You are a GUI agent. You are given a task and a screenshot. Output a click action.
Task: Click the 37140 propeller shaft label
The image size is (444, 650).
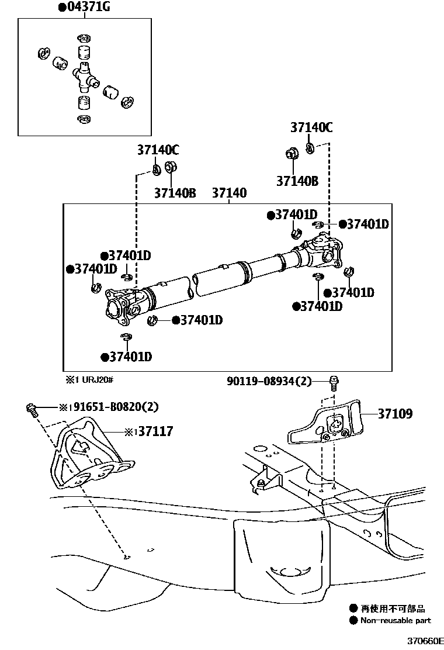(229, 193)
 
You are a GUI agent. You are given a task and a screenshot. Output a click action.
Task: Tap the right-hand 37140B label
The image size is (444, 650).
(297, 181)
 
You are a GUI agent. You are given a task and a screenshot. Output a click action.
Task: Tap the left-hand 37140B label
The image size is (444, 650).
(175, 193)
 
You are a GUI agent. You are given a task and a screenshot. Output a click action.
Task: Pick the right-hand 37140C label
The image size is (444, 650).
(312, 128)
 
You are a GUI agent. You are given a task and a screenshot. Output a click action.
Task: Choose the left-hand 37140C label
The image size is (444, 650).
(158, 150)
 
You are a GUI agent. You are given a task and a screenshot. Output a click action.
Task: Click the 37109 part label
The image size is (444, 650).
(395, 414)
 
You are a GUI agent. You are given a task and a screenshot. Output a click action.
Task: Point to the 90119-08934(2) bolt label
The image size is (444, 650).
(269, 382)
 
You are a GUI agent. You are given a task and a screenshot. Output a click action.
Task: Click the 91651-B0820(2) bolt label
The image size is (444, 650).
(111, 407)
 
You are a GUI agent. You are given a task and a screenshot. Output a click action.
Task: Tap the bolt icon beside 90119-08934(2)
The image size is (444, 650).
(334, 383)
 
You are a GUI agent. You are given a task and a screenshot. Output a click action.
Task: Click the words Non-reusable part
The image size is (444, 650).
(396, 620)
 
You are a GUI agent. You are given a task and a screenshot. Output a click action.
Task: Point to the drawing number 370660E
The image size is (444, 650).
(425, 641)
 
